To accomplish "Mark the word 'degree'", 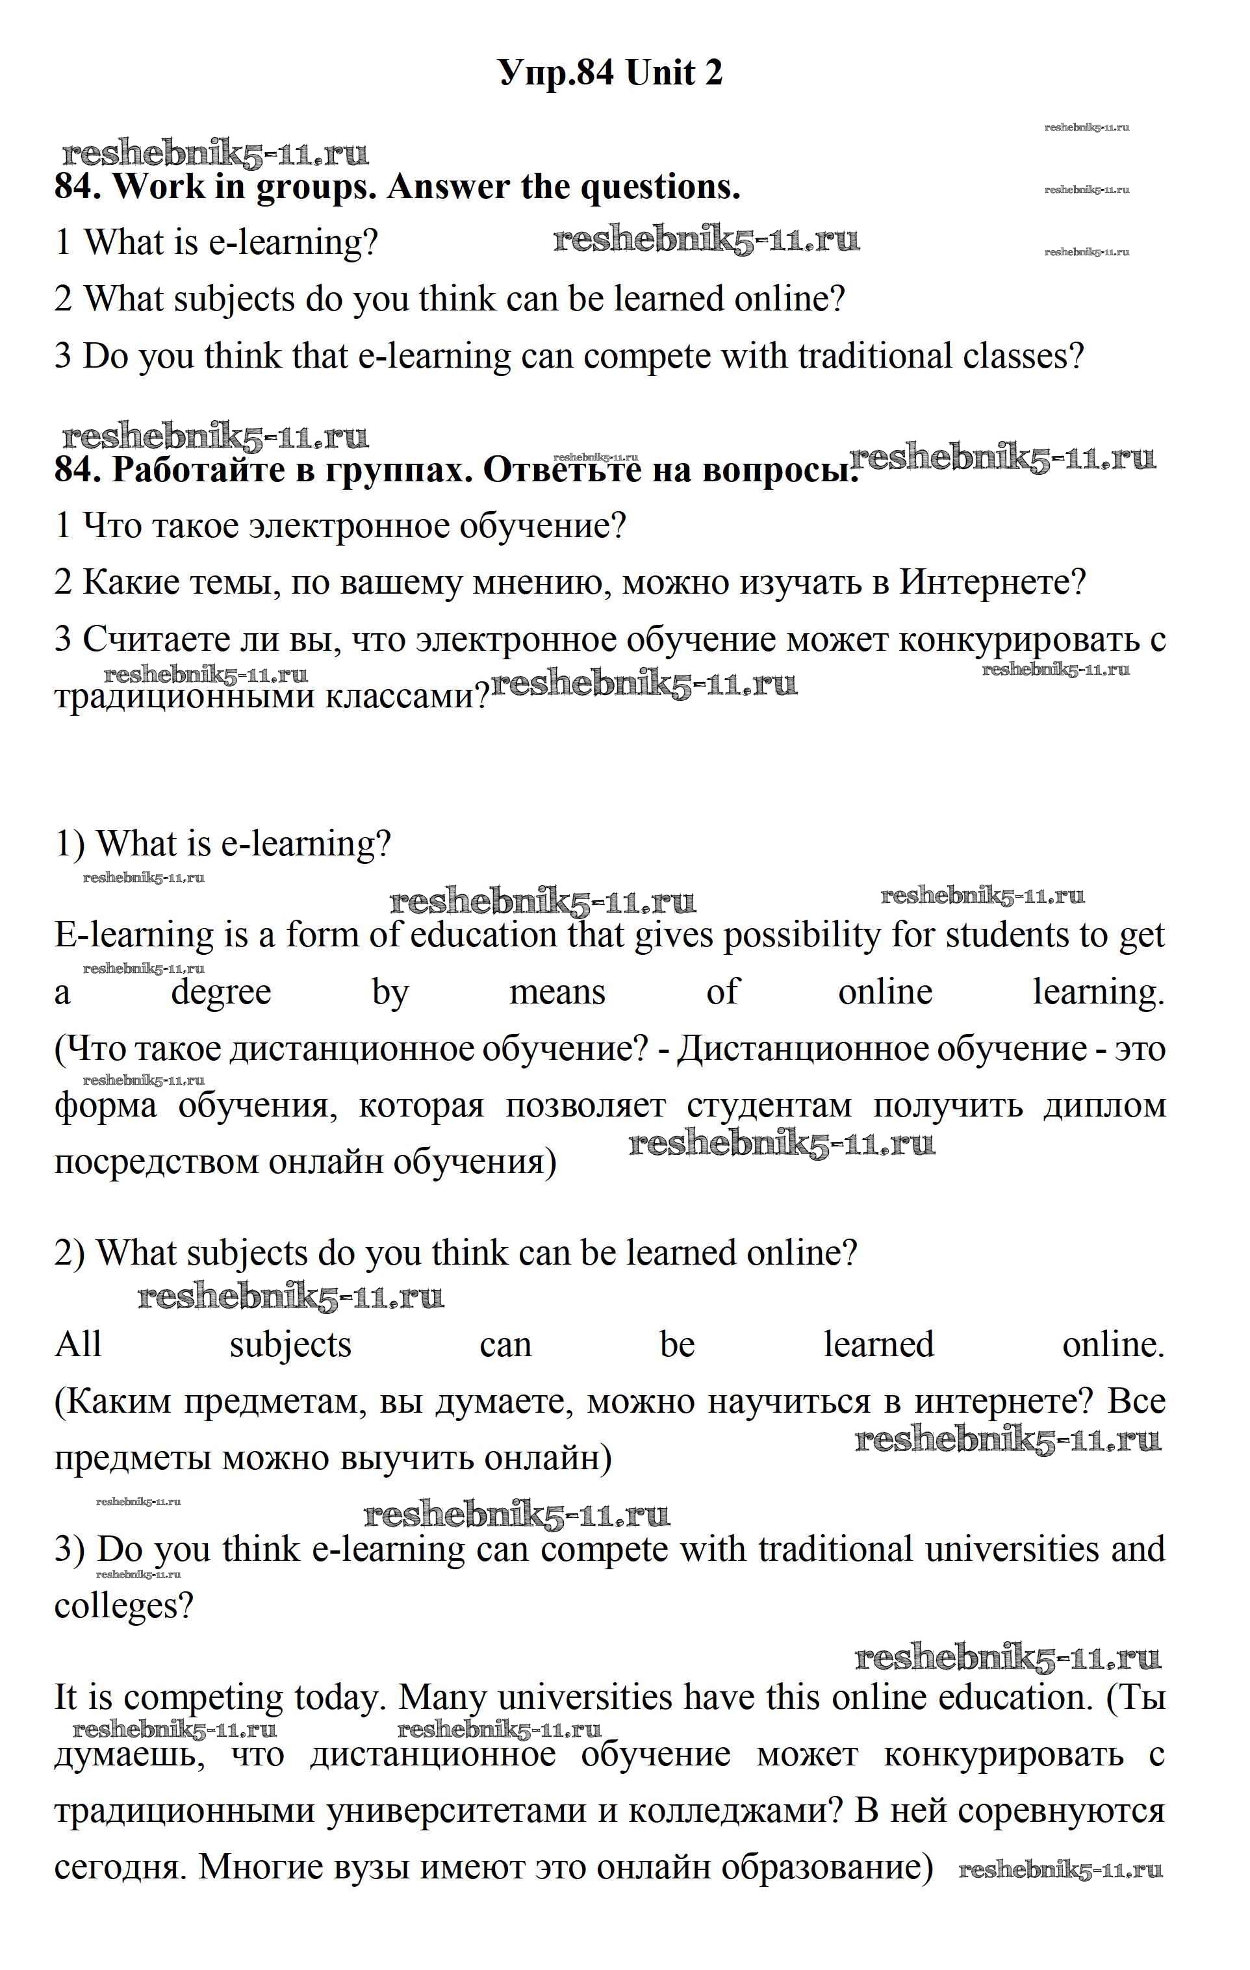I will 221,992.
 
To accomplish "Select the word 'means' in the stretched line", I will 557,992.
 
